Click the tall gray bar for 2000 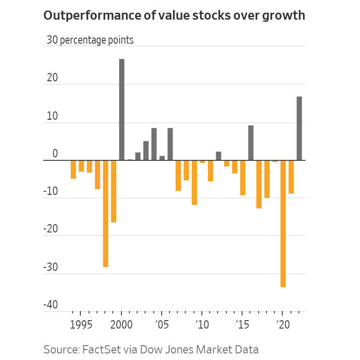121,109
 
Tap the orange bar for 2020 283,223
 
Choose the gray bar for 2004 154,144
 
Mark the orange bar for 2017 259,184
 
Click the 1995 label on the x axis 81,325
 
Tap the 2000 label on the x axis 121,325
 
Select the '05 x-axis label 162,325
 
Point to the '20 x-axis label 282,325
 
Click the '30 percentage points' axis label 90,40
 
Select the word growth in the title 283,16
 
